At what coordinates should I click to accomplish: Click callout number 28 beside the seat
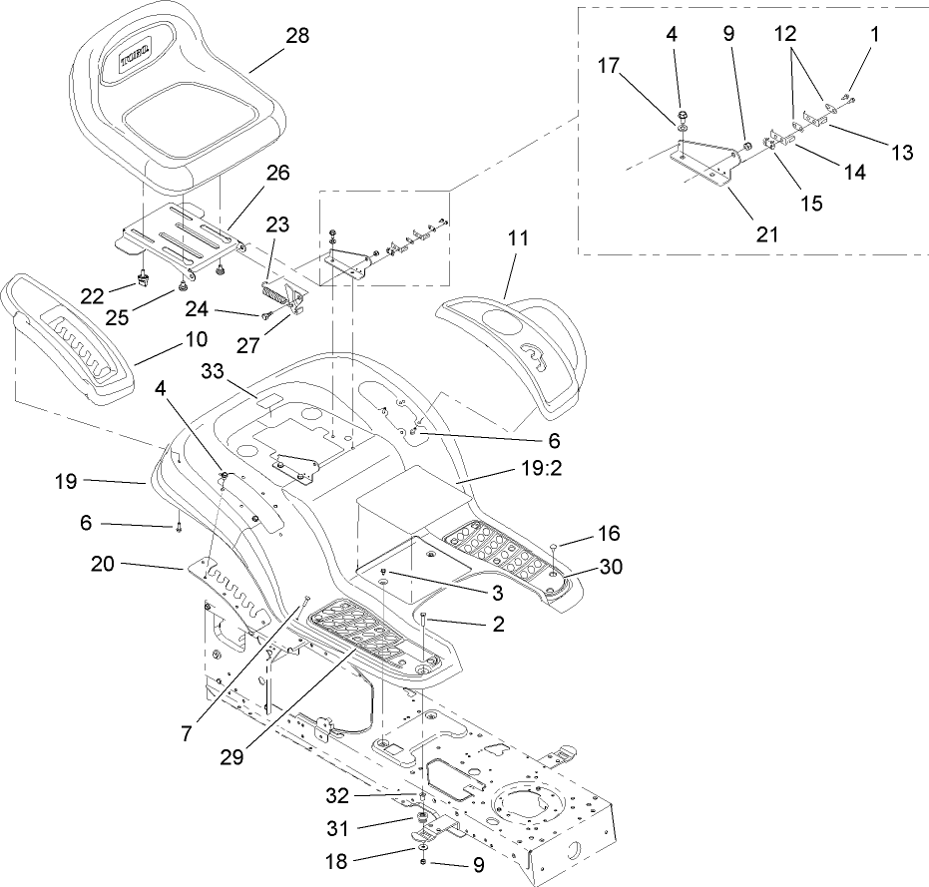(x=296, y=35)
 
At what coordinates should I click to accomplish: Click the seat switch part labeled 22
(x=143, y=272)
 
